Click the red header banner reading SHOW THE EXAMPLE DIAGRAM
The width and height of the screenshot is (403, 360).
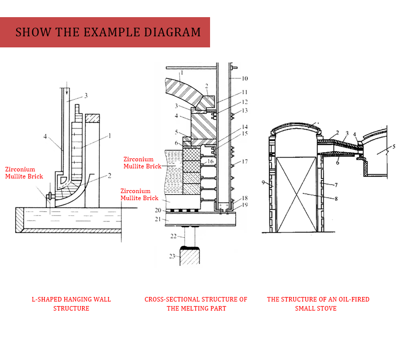pyautogui.click(x=105, y=32)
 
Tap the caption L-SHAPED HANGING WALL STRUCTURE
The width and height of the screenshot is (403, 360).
pyautogui.click(x=71, y=304)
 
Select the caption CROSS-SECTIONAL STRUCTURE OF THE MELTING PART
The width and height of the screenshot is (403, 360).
pyautogui.click(x=196, y=304)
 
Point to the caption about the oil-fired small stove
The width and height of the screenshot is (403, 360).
pyautogui.click(x=318, y=304)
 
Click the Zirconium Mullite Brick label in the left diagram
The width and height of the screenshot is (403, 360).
pyautogui.click(x=24, y=173)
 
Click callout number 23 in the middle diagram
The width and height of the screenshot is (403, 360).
pyautogui.click(x=172, y=256)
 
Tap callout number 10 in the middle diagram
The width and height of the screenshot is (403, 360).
pyautogui.click(x=245, y=79)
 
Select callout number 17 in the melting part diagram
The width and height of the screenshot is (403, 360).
pyautogui.click(x=245, y=162)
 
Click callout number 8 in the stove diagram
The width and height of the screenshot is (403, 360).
pyautogui.click(x=337, y=199)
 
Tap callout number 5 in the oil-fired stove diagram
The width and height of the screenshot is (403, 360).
pyautogui.click(x=394, y=147)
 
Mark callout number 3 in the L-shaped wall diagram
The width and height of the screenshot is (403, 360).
pyautogui.click(x=86, y=95)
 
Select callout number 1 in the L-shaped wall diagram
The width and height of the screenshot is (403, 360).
pyautogui.click(x=110, y=136)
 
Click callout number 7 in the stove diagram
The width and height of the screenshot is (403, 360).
pyautogui.click(x=335, y=186)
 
